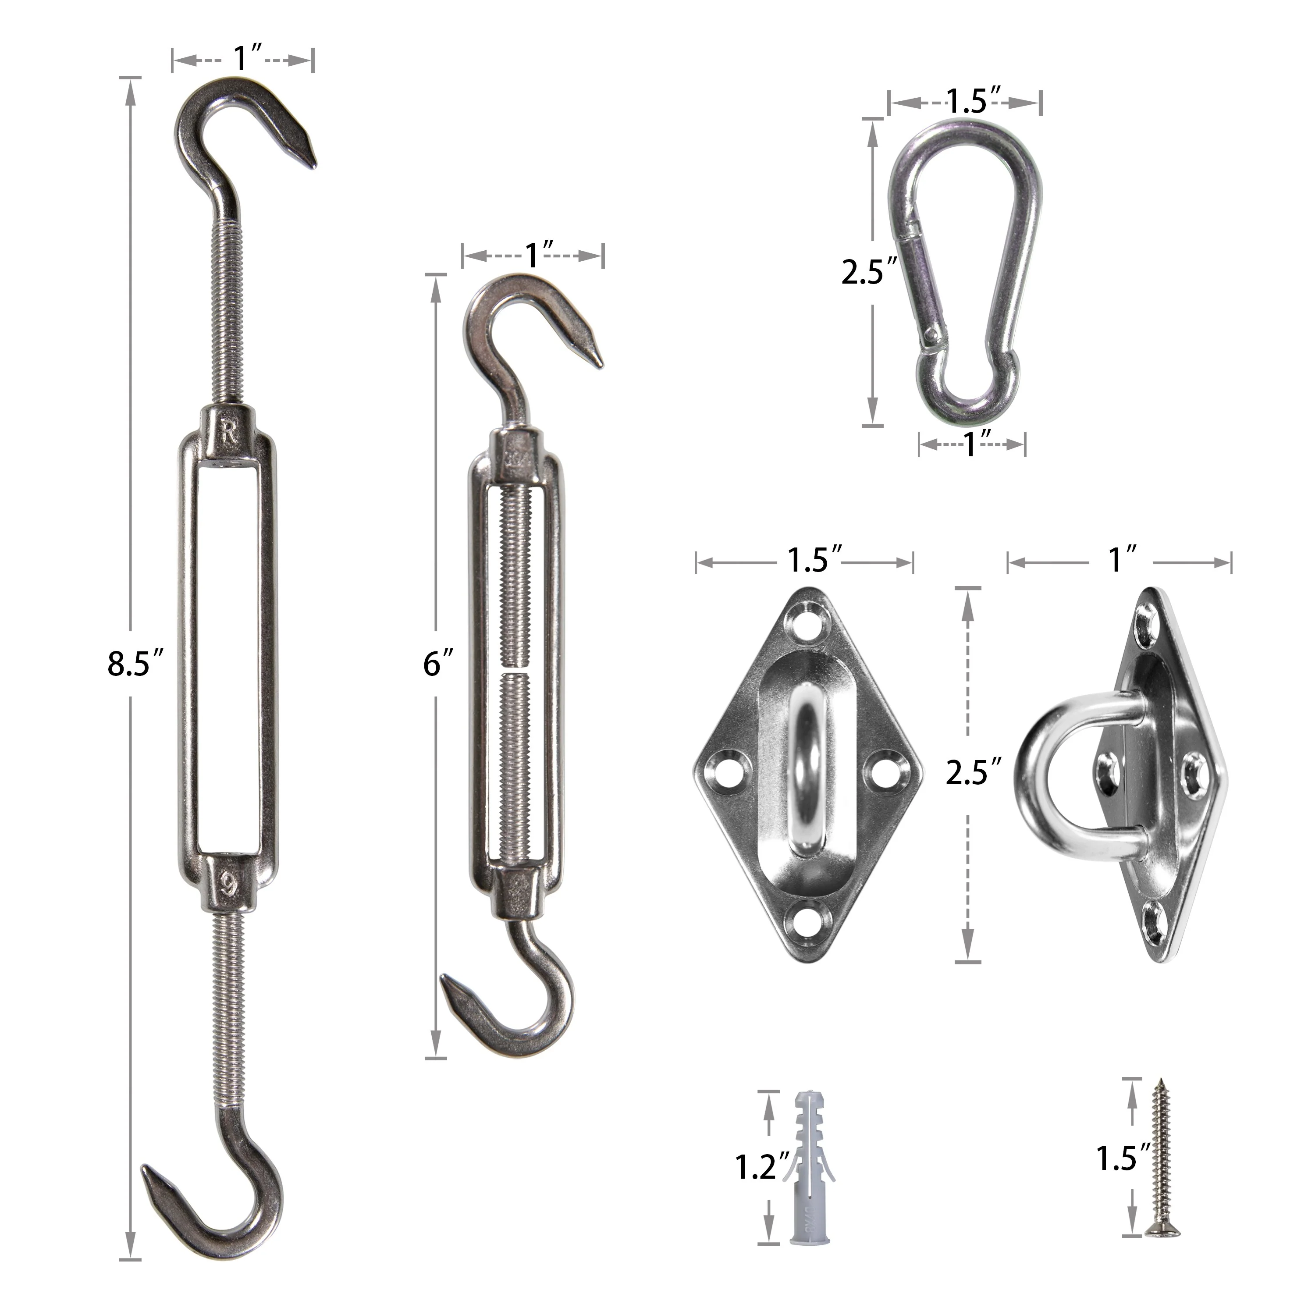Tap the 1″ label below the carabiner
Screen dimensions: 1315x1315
point(975,445)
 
